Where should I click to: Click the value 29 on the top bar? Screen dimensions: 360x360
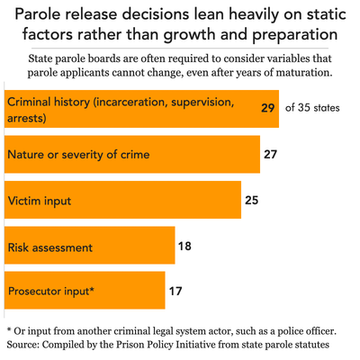point(266,108)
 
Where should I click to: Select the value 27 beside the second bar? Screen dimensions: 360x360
point(269,154)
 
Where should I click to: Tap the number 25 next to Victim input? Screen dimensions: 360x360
point(251,200)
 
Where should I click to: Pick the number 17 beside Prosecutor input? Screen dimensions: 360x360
point(175,291)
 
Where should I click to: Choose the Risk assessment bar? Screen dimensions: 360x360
point(90,245)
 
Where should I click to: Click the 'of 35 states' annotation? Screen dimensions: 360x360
point(313,108)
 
